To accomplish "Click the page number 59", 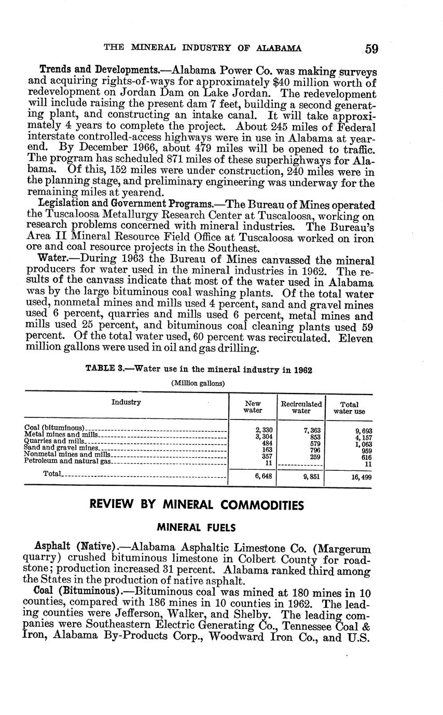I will [371, 49].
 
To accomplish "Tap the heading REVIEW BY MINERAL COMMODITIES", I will [197, 504].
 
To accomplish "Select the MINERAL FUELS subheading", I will [197, 528].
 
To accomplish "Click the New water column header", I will [253, 407].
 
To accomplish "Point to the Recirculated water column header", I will [301, 407].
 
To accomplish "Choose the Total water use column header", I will [349, 408].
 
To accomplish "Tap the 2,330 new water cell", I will [264, 430].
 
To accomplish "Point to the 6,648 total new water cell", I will [264, 476].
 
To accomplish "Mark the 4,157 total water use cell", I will [363, 438].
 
